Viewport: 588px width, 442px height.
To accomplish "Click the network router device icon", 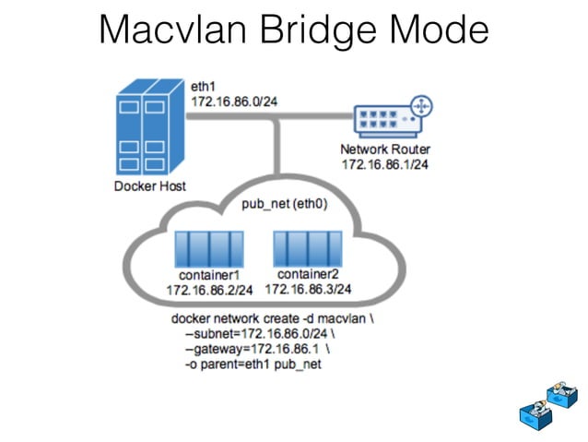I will click(393, 116).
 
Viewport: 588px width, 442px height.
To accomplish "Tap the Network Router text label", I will click(385, 149).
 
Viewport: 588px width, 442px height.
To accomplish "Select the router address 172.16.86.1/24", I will click(385, 164).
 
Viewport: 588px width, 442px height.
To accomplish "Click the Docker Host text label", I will click(150, 186).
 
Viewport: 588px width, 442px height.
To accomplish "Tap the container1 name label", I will click(209, 276).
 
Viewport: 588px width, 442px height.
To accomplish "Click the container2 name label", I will click(308, 274).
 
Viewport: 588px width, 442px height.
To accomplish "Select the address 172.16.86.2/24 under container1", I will click(209, 291).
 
